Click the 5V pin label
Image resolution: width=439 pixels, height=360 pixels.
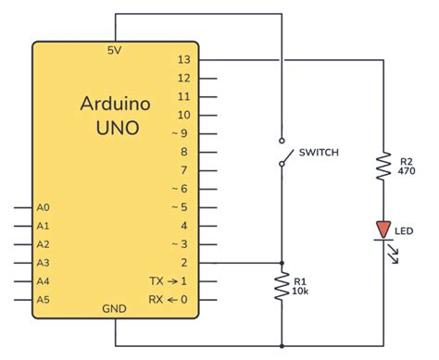coord(116,51)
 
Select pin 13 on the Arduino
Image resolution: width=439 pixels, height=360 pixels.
coord(182,59)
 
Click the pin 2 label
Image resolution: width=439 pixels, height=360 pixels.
coord(185,263)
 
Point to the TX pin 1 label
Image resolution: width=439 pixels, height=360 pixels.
coord(169,281)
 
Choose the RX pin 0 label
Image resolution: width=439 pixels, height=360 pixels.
coord(169,300)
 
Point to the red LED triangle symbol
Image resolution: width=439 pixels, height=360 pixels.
coord(383,228)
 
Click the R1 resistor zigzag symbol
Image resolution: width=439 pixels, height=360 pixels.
coord(282,288)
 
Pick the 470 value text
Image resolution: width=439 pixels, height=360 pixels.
coord(406,171)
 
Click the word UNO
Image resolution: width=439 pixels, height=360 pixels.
coord(116,127)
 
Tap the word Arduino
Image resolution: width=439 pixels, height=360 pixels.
coord(116,103)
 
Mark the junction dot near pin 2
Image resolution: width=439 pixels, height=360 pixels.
coord(282,263)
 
